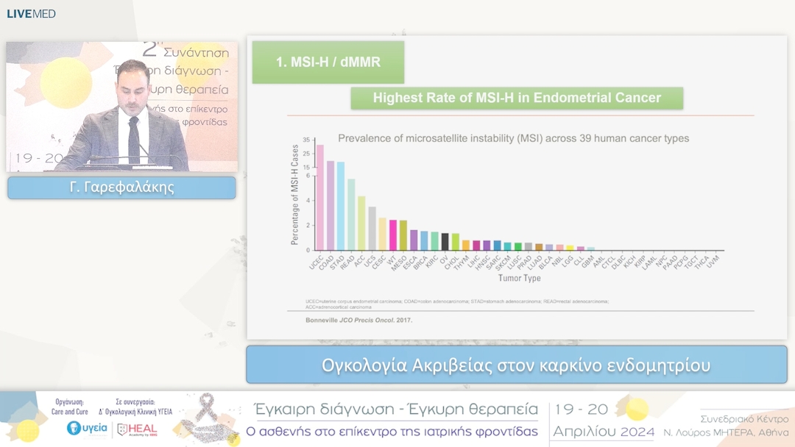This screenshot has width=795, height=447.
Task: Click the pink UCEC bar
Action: [319, 198]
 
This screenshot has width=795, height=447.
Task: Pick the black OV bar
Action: [445, 241]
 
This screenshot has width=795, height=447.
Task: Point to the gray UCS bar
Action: [372, 228]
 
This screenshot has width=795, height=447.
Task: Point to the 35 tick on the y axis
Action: [306, 140]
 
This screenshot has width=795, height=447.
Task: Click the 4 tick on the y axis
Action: [308, 200]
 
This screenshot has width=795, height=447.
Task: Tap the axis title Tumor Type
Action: [519, 279]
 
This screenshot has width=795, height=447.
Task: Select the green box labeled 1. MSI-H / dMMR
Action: [328, 62]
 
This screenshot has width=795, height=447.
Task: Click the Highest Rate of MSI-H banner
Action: [517, 98]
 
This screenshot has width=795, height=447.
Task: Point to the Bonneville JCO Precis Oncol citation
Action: [358, 321]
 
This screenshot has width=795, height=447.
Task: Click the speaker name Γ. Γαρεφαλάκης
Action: [121, 187]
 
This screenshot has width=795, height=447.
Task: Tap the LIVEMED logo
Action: [31, 13]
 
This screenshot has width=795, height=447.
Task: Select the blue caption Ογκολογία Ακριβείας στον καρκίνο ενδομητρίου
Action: [516, 365]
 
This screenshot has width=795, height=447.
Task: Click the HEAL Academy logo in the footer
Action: [138, 429]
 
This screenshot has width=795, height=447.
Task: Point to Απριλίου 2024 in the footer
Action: [604, 432]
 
